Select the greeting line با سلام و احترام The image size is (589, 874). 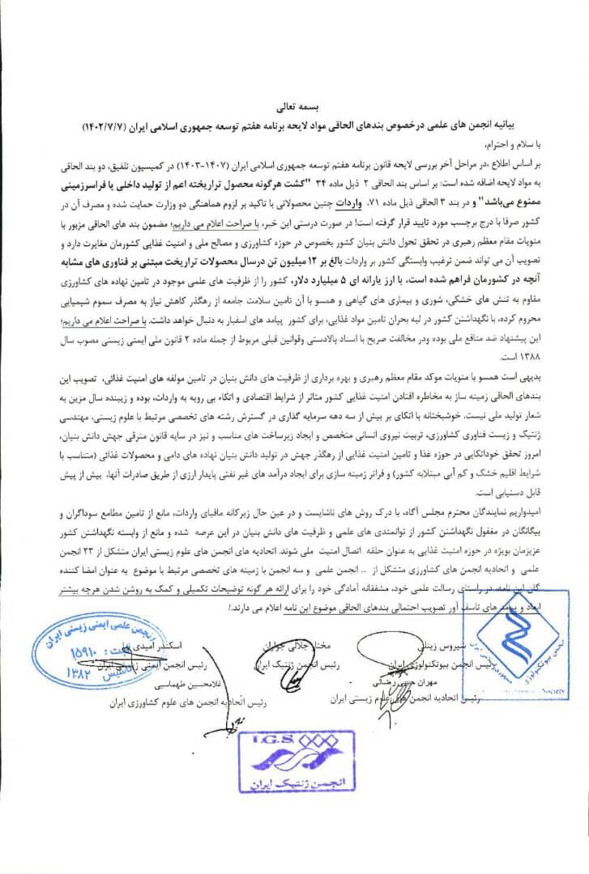tap(532, 147)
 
